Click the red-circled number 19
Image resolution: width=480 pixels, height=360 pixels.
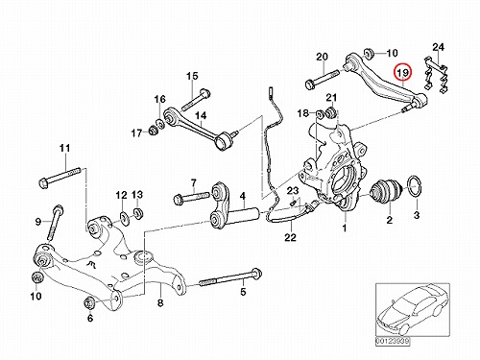(x=403, y=73)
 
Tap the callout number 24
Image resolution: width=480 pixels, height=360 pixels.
(x=439, y=47)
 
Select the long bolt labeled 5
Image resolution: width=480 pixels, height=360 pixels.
(x=230, y=278)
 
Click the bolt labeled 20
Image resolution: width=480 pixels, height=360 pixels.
(x=321, y=80)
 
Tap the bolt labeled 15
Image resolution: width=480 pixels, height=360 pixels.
(x=197, y=100)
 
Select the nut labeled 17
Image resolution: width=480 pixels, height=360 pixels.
(x=154, y=131)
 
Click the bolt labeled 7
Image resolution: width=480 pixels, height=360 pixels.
(x=192, y=197)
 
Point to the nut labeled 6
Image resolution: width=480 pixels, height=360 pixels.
(x=88, y=302)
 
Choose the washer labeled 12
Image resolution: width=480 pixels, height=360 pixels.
(x=123, y=217)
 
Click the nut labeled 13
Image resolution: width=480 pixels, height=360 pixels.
(x=138, y=213)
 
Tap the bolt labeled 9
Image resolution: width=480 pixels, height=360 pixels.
(x=55, y=223)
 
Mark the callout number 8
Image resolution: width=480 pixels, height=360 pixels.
(x=160, y=302)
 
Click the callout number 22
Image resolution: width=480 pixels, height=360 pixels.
(x=291, y=237)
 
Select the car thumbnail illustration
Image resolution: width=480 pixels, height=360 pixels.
(x=412, y=310)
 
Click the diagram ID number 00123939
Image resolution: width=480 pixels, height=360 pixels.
(x=393, y=342)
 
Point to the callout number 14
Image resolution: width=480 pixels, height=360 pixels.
(x=202, y=115)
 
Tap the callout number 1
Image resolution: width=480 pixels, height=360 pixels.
(x=345, y=228)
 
